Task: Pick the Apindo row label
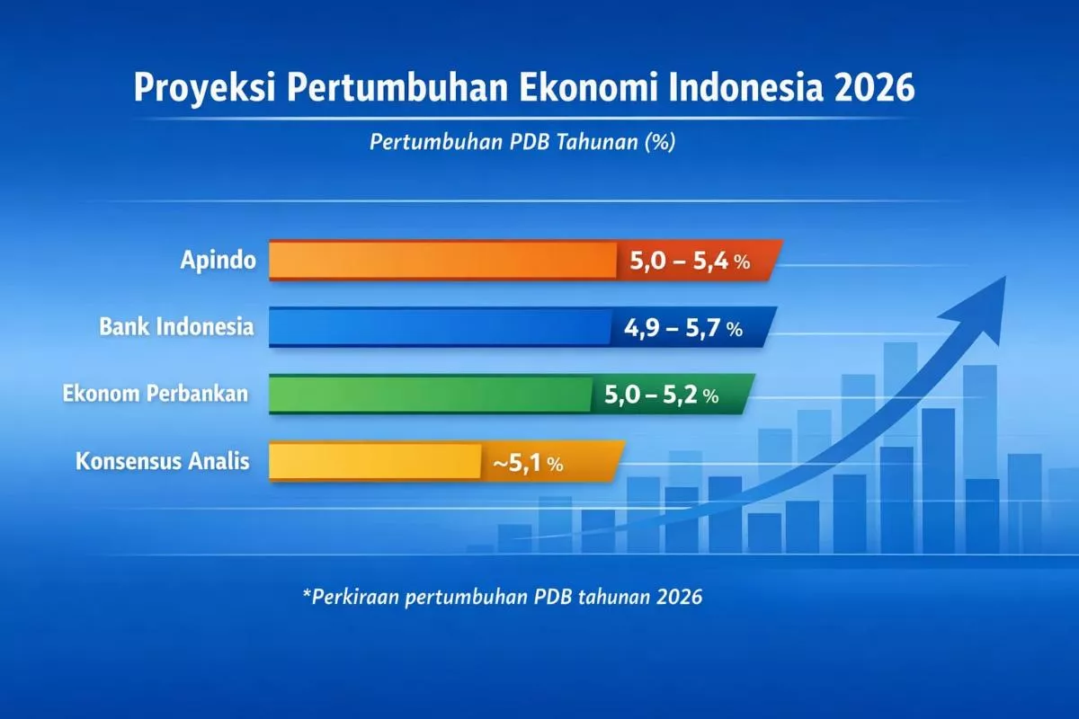217,262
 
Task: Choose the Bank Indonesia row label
176,327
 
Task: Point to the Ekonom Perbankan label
156,394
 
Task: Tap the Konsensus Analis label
162,462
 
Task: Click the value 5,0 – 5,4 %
690,262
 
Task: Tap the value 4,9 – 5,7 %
683,329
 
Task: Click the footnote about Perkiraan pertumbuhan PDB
503,597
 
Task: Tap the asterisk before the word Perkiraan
307,594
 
